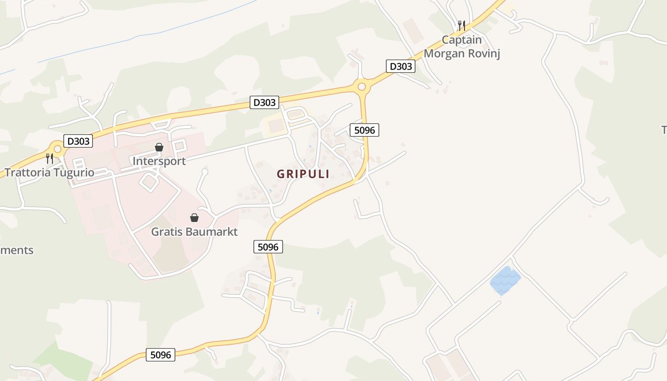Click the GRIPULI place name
pyautogui.click(x=303, y=174)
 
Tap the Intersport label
pyautogui.click(x=159, y=161)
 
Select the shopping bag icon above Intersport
pyautogui.click(x=159, y=147)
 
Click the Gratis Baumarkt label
pyautogui.click(x=194, y=232)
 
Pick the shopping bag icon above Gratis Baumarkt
pyautogui.click(x=194, y=218)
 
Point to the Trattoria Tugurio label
pyautogui.click(x=50, y=172)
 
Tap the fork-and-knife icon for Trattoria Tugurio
pyautogui.click(x=50, y=159)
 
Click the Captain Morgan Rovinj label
pyautogui.click(x=462, y=47)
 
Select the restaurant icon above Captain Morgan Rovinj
pyautogui.click(x=461, y=25)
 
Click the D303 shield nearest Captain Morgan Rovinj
pyautogui.click(x=400, y=66)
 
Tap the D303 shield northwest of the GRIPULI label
pyautogui.click(x=264, y=102)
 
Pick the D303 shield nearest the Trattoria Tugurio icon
pyautogui.click(x=78, y=141)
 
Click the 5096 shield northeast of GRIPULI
pyautogui.click(x=364, y=130)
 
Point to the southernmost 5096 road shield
pyautogui.click(x=161, y=355)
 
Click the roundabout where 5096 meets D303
pyautogui.click(x=362, y=87)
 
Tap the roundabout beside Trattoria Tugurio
pyautogui.click(x=58, y=149)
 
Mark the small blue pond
pyautogui.click(x=505, y=280)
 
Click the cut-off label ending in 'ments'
pyautogui.click(x=17, y=250)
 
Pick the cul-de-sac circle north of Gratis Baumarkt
pyautogui.click(x=205, y=171)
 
